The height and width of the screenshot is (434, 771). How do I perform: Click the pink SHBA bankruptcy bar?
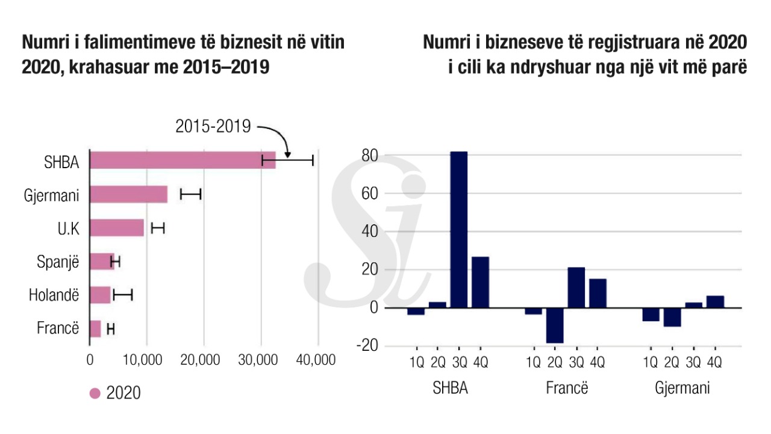pos(181,160)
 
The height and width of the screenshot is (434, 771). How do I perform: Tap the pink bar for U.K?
pos(117,228)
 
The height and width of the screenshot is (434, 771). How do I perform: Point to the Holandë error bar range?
pos(122,295)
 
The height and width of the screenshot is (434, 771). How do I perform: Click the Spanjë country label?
pos(58,262)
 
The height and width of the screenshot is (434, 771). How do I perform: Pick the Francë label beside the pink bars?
pos(58,329)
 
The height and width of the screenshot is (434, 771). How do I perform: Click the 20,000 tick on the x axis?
pos(203,360)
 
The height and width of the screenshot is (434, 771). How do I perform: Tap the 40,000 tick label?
pos(317,360)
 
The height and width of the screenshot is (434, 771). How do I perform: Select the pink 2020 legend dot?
pos(95,394)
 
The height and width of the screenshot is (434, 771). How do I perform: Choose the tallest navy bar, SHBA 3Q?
pos(459,229)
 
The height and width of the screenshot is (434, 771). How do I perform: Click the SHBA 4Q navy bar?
pos(480,282)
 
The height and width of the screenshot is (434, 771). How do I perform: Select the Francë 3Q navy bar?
pos(576,287)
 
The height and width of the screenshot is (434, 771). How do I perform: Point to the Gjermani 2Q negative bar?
pos(672,317)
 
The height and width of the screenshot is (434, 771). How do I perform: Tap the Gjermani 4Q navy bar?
pos(715,301)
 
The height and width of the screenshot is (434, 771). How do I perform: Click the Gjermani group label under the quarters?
pos(682,388)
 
